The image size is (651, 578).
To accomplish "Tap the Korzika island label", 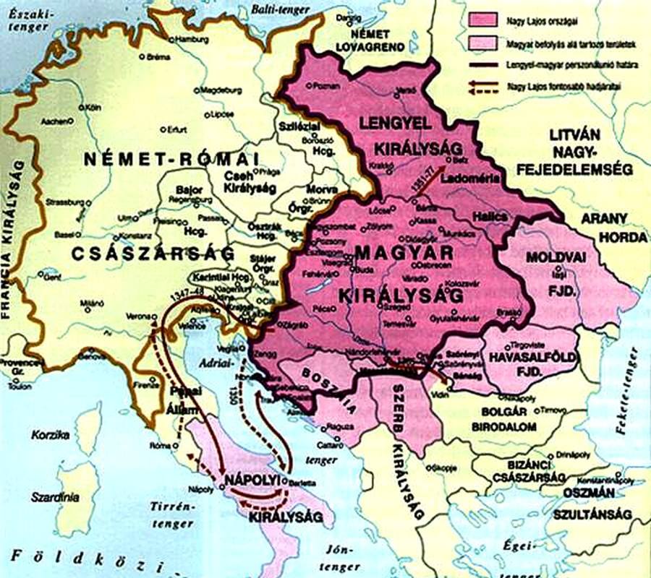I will click(49, 435).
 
